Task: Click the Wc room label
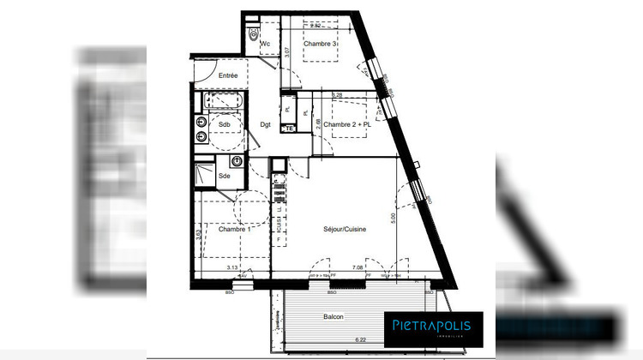[266, 44]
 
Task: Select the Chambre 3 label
[319, 45]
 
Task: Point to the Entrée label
[228, 76]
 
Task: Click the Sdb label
[225, 125]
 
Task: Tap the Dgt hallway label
[266, 125]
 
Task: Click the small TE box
[290, 129]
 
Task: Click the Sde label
[225, 176]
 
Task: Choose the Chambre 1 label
[234, 229]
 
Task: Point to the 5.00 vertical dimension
[394, 219]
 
